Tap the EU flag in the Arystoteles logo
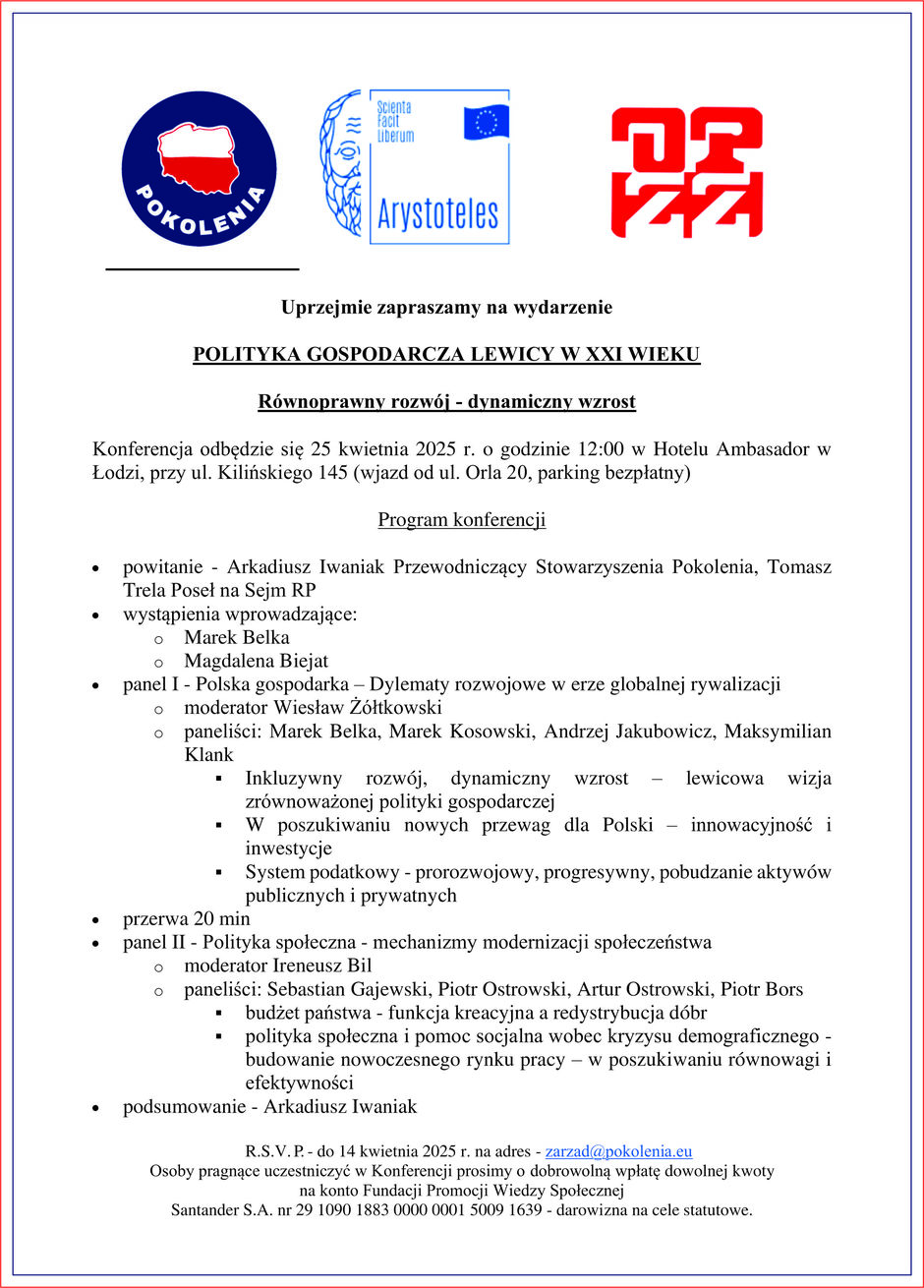pos(486,121)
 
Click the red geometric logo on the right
pos(686,172)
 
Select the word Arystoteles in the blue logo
pos(437,213)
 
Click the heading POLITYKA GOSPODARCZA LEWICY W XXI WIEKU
pos(446,354)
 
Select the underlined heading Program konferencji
pos(461,520)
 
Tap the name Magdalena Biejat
pos(256,661)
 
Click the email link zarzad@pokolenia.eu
pos(618,1151)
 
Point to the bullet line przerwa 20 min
pos(186,918)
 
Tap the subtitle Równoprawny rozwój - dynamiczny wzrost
pos(446,401)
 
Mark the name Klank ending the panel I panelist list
pos(208,755)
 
